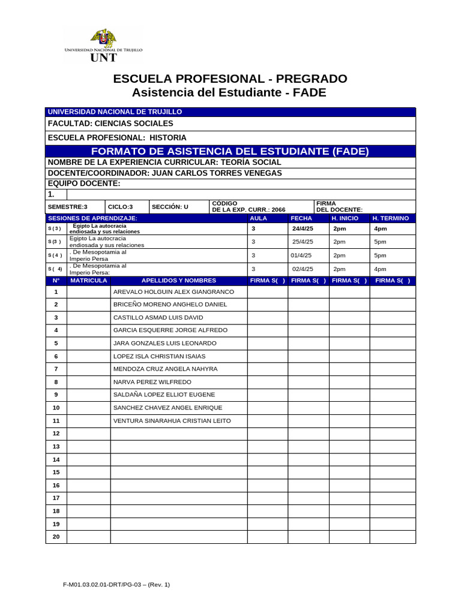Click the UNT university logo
(x=103, y=45)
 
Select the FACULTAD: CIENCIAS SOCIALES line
(x=110, y=124)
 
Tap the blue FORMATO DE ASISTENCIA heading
(x=230, y=151)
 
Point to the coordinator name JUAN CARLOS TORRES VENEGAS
(x=217, y=173)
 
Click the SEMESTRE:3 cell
(x=67, y=207)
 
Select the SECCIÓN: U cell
(x=170, y=207)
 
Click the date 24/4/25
(x=303, y=228)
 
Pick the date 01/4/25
(x=301, y=255)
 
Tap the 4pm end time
(x=380, y=228)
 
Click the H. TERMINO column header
(x=390, y=218)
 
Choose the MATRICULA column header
(x=88, y=280)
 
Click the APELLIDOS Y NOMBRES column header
(x=178, y=280)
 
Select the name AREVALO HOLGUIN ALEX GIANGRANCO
(x=173, y=292)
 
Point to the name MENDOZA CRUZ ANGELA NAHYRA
(x=165, y=369)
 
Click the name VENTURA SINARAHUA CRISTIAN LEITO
(x=172, y=421)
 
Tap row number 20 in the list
(x=56, y=537)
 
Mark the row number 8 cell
(x=56, y=382)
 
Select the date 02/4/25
(x=303, y=269)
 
